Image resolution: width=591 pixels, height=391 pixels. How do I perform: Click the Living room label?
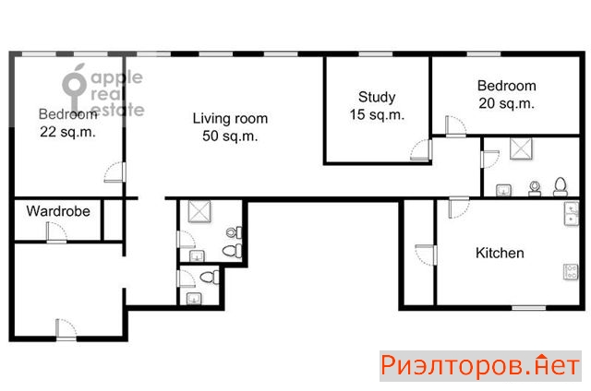[x=230, y=119]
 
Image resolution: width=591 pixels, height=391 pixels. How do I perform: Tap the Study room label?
[x=377, y=97]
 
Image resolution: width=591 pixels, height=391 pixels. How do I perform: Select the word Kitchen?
[x=500, y=253]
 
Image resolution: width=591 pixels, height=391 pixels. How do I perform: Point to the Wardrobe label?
[x=58, y=211]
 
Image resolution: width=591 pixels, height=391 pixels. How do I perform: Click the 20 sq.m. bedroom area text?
[x=507, y=103]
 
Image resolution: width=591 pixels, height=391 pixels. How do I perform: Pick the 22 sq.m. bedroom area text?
[x=67, y=132]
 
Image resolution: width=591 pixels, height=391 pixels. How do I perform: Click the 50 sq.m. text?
[x=230, y=136]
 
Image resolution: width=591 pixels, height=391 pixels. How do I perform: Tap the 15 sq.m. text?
[x=377, y=114]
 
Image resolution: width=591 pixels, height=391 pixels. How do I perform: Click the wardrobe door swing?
[x=56, y=231]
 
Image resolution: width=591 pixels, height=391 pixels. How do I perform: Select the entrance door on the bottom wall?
[x=66, y=330]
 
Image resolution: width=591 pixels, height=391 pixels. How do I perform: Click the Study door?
[x=421, y=150]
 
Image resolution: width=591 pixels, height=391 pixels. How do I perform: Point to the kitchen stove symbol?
[x=571, y=272]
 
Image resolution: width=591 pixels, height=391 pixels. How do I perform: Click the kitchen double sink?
[x=572, y=214]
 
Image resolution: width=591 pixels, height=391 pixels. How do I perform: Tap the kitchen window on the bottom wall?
[x=528, y=308]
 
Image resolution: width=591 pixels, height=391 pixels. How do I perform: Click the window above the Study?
[x=376, y=54]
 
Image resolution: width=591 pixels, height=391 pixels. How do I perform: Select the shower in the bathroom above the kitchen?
[x=521, y=148]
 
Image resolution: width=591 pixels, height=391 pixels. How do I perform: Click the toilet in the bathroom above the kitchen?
[x=561, y=186]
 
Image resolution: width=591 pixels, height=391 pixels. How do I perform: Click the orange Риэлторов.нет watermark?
[x=480, y=366]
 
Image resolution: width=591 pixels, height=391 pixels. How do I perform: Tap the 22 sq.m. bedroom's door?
[x=115, y=172]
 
